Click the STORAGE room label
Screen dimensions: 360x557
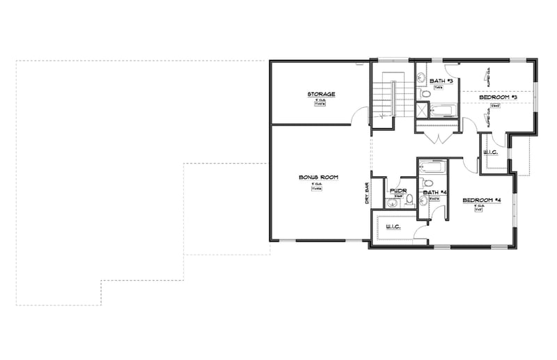click(322, 94)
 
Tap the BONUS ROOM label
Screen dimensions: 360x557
click(319, 178)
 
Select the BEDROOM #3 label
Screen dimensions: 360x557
click(497, 97)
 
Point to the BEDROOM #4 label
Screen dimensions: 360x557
click(483, 201)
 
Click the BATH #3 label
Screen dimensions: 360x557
click(441, 81)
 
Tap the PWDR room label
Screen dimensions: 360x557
click(398, 190)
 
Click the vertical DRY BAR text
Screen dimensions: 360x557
click(367, 193)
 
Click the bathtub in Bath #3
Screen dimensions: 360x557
click(442, 109)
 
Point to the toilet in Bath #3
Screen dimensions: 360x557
click(424, 93)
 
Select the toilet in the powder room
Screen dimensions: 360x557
click(409, 200)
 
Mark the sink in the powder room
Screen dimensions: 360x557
click(392, 203)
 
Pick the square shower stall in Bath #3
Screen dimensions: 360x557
click(423, 111)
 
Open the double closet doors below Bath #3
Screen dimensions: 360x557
click(438, 136)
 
